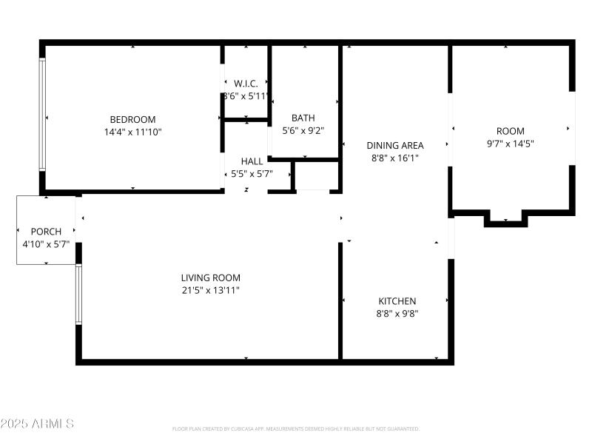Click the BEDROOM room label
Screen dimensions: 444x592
(132, 120)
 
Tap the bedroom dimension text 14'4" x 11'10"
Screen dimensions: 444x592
(132, 132)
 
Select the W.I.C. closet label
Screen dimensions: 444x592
(245, 84)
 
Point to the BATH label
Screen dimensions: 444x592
(303, 118)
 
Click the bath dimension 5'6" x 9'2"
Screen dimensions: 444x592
(303, 130)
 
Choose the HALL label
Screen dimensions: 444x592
(252, 161)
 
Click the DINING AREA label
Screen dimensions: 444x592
(395, 146)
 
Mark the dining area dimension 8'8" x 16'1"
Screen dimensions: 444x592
(395, 158)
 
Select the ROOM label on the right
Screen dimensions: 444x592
(510, 132)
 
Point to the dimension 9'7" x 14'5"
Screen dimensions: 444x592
(510, 144)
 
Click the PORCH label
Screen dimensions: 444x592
(46, 232)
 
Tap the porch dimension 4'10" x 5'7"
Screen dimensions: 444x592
(46, 243)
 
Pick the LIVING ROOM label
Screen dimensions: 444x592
(210, 278)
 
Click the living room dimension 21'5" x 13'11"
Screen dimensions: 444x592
(210, 290)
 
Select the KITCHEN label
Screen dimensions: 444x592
(397, 301)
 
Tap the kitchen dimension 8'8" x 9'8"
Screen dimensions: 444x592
(397, 313)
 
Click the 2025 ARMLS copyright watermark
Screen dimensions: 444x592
(37, 424)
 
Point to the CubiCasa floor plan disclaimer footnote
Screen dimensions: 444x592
(296, 428)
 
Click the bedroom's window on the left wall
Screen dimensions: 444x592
(42, 115)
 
